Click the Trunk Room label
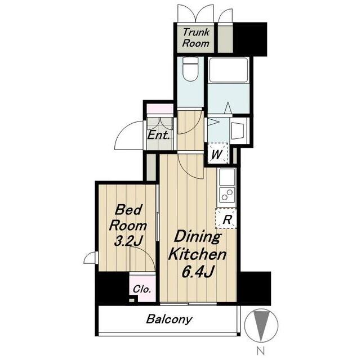pos(195,38)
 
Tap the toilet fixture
pos(190,69)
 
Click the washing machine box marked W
pos(217,153)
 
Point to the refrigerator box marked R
pos(226,218)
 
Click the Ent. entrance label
pos(158,135)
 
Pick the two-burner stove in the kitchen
pos(227,195)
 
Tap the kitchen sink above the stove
pos(227,177)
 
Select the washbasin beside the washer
pos(239,131)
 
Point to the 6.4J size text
pos(198,272)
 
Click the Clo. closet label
pos(142,289)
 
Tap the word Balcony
pos(169,319)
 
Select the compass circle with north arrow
pos(261,325)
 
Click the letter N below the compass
pos(261,351)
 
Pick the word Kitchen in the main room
pos(197,255)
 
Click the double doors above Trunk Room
pos(195,13)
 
